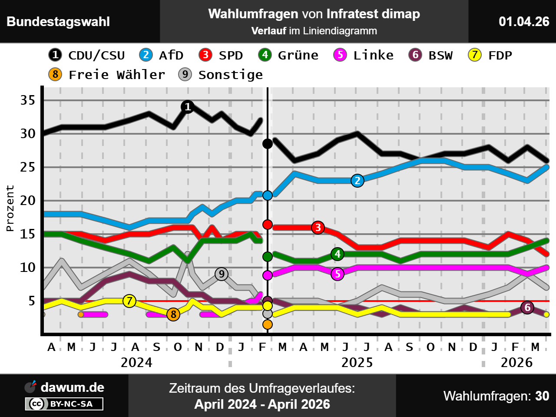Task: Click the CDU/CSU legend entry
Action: pyautogui.click(x=87, y=55)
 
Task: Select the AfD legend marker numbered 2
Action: pyautogui.click(x=146, y=55)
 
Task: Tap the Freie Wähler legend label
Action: pyautogui.click(x=117, y=75)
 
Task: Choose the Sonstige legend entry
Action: pyautogui.click(x=221, y=75)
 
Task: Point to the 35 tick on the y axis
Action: pyautogui.click(x=28, y=100)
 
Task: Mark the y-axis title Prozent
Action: pyautogui.click(x=10, y=208)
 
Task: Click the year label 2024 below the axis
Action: pyautogui.click(x=136, y=362)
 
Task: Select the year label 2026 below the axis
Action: pyautogui.click(x=516, y=362)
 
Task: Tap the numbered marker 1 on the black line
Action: pyautogui.click(x=188, y=106)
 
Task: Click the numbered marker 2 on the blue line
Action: pyautogui.click(x=357, y=181)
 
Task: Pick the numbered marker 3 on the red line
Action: pyautogui.click(x=318, y=227)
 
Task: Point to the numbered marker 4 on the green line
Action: pyautogui.click(x=338, y=254)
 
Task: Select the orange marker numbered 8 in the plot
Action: pyautogui.click(x=173, y=314)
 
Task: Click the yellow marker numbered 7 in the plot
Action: pyautogui.click(x=129, y=301)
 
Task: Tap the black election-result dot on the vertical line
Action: pyautogui.click(x=268, y=143)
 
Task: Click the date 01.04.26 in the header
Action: pyautogui.click(x=524, y=21)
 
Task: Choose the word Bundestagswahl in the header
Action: pyautogui.click(x=58, y=22)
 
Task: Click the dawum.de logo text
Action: pyautogui.click(x=72, y=387)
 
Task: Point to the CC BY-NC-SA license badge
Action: pyautogui.click(x=64, y=404)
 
